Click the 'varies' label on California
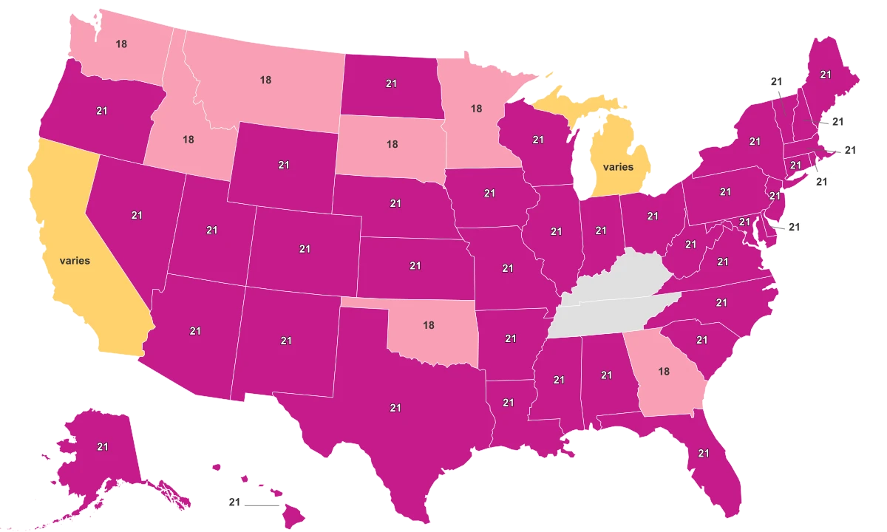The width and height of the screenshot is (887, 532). [75, 261]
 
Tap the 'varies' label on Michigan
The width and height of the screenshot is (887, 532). [618, 167]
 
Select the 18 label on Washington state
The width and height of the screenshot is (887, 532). [121, 44]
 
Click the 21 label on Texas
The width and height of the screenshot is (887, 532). [395, 407]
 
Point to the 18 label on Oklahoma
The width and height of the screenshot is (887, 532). [428, 324]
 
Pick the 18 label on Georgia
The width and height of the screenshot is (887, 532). [664, 371]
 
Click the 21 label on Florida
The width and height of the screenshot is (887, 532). [703, 453]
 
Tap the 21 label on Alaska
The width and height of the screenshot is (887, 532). [102, 446]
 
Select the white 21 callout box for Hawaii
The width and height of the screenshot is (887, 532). [235, 503]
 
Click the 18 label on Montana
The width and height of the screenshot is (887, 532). [265, 80]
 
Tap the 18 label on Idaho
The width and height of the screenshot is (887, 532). [188, 139]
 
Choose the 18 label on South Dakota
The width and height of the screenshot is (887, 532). [392, 144]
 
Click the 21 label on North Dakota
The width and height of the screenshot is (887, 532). [392, 84]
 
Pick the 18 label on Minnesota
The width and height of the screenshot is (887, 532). [476, 108]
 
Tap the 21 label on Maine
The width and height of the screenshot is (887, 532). [825, 75]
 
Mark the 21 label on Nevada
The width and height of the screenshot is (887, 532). [137, 215]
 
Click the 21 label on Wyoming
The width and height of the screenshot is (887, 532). [284, 166]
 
